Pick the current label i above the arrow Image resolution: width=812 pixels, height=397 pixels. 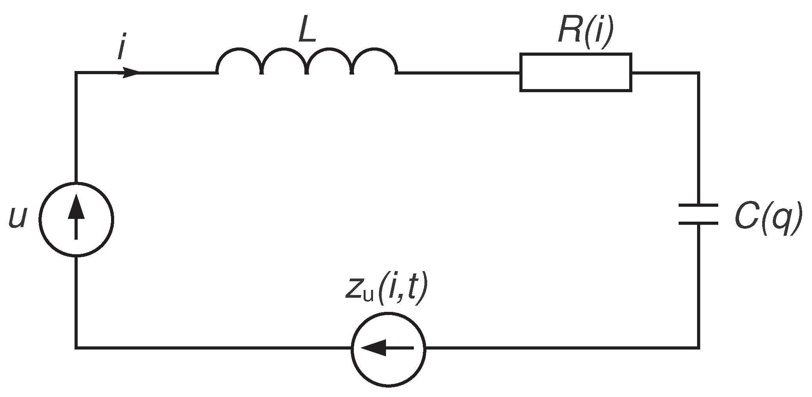122,49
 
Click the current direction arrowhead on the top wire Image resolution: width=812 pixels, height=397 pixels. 131,73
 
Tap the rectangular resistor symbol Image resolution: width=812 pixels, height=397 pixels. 575,73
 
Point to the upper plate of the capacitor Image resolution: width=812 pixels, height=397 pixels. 698,205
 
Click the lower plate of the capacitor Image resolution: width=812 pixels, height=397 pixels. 698,223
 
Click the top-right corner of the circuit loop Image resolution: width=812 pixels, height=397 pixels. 698,73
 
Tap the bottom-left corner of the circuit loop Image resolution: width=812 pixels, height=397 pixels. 76,347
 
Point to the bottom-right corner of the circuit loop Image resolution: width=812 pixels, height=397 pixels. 698,347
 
